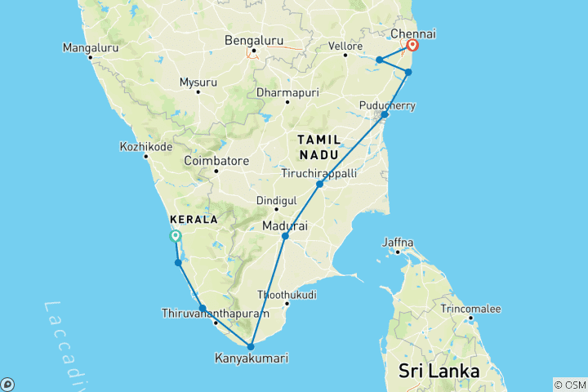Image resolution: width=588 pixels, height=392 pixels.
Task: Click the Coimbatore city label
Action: (x=216, y=161)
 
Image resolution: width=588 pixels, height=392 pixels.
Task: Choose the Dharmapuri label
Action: (x=287, y=92)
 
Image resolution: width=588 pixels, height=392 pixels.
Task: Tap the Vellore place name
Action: (x=345, y=46)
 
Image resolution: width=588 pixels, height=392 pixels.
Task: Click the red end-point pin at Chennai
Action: (x=413, y=46)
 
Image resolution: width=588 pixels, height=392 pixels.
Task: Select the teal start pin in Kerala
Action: (x=175, y=236)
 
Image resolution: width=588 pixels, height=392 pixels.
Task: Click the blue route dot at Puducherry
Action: (x=385, y=115)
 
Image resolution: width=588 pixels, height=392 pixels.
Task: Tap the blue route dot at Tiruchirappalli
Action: (x=320, y=185)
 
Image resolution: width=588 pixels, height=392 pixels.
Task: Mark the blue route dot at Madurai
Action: (x=285, y=237)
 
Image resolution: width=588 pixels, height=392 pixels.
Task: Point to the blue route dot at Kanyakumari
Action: (x=251, y=346)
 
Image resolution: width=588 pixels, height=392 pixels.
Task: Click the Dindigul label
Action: (x=275, y=200)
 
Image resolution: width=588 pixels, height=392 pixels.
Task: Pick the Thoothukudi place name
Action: (x=287, y=294)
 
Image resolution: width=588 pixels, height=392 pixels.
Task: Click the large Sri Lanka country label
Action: (x=439, y=372)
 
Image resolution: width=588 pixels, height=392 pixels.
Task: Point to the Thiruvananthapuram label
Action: (x=216, y=314)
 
